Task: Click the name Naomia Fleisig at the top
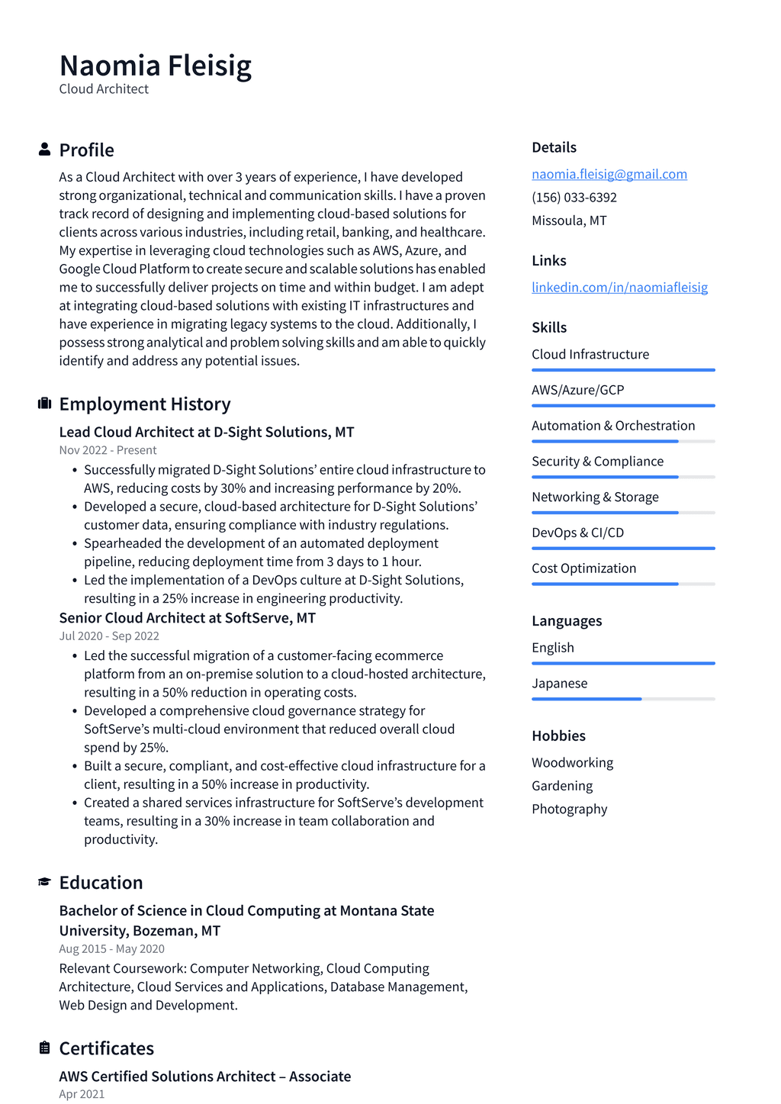[155, 66]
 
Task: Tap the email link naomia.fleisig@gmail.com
[609, 174]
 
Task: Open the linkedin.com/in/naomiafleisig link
[619, 287]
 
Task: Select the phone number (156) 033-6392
[574, 197]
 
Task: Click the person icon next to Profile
[44, 150]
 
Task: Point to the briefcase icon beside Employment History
[44, 404]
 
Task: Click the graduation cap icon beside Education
[44, 882]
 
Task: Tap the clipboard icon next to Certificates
[44, 1048]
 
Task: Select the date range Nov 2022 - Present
[108, 450]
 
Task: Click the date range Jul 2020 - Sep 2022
[109, 636]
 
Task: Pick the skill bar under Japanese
[623, 699]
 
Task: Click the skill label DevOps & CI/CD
[577, 533]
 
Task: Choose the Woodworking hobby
[572, 762]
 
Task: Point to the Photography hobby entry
[569, 809]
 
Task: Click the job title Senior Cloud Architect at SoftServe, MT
[187, 617]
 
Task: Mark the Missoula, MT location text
[569, 220]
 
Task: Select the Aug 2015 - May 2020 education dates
[111, 948]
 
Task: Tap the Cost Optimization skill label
[583, 568]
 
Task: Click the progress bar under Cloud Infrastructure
[623, 370]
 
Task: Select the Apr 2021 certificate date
[82, 1093]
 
